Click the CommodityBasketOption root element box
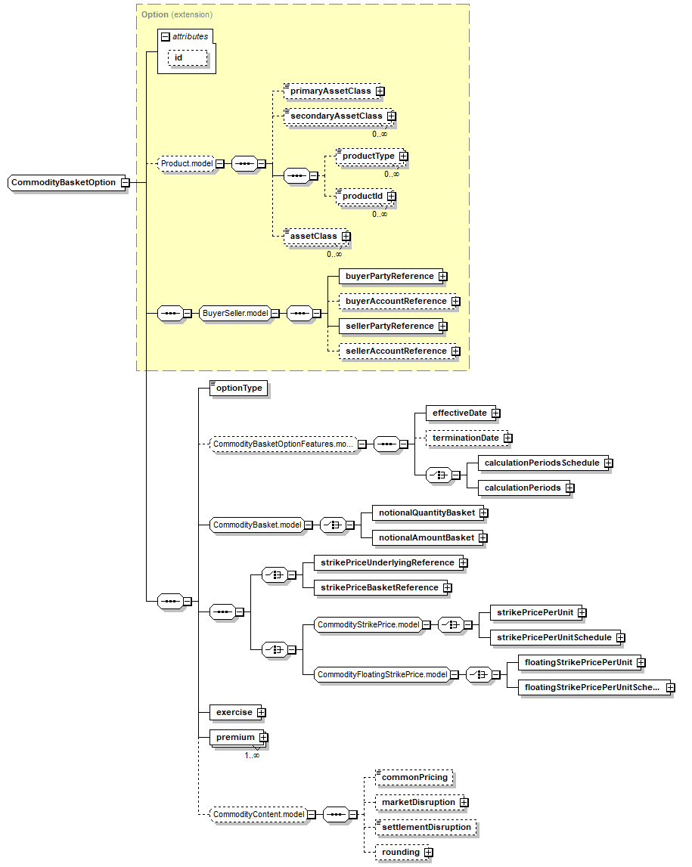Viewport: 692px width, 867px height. tap(64, 183)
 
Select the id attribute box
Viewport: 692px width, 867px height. tap(178, 58)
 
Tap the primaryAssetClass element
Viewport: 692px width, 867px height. tap(330, 91)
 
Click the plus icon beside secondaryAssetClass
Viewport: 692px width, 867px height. tap(391, 116)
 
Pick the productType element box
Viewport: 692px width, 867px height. tap(368, 156)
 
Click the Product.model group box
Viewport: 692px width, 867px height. tap(186, 163)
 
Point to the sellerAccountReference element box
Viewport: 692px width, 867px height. tap(395, 351)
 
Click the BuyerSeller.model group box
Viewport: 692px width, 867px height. tap(234, 314)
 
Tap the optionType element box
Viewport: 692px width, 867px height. tap(238, 389)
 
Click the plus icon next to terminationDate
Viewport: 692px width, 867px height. tap(508, 438)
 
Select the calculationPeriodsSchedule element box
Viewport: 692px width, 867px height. tap(541, 463)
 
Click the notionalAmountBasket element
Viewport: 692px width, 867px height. tap(425, 538)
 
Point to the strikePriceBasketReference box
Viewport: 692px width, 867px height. tap(378, 588)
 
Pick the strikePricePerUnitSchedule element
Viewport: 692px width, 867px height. tap(553, 638)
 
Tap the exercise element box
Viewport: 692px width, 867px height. tap(233, 713)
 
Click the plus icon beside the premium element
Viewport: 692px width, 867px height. tap(263, 738)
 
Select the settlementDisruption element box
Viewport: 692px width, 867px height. tap(426, 828)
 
